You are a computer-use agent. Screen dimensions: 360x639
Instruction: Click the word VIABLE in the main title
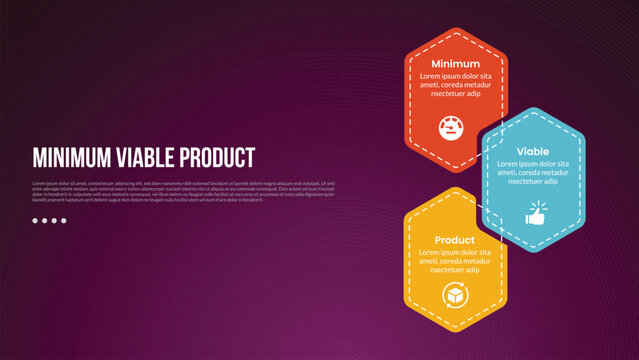146,158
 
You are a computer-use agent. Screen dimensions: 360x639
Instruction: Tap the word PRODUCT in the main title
218,158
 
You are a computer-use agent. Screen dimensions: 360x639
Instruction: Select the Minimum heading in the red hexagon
455,64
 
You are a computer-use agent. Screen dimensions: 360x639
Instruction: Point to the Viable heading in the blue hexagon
532,151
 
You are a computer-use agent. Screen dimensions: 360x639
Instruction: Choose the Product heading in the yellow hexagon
455,241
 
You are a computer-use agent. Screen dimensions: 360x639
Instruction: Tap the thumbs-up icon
534,215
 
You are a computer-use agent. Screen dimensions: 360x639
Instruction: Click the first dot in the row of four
35,220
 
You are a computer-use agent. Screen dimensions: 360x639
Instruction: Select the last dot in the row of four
64,220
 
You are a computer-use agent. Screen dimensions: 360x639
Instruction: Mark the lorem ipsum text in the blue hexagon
533,172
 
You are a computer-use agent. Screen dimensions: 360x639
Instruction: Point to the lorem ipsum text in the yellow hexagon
455,261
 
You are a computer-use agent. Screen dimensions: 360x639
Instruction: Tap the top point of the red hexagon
455,29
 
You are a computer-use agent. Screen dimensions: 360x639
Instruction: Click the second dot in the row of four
45,220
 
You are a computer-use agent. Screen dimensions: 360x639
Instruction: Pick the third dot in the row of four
54,220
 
